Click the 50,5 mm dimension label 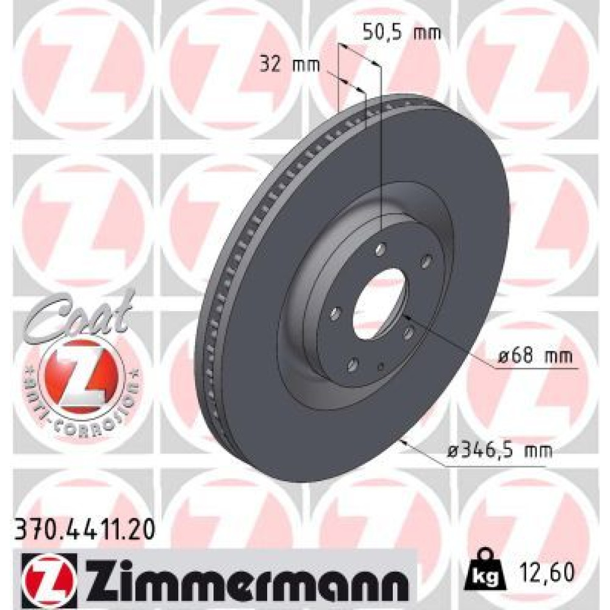pos(402,33)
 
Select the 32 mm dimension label pos(289,65)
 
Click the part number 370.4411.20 pos(84,531)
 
